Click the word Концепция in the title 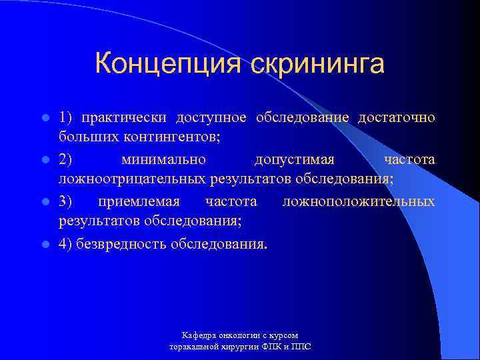coord(169,64)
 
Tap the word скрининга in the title coord(318,64)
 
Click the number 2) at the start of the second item coord(67,160)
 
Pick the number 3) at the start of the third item coord(67,201)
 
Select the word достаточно coord(396,118)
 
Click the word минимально coord(164,160)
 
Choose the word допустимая coord(294,160)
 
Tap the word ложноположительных coord(358,201)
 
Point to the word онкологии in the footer coord(238,335)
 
